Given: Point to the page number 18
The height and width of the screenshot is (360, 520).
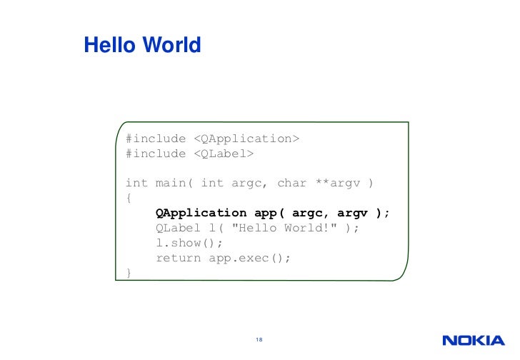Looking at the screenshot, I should [x=259, y=339].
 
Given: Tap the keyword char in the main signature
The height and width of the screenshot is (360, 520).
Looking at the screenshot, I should [x=291, y=183].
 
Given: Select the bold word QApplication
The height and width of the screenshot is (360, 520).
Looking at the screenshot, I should [x=201, y=213].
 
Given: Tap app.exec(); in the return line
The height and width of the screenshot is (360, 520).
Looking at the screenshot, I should [x=250, y=258].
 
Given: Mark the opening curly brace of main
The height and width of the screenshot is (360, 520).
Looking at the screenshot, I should [x=129, y=198].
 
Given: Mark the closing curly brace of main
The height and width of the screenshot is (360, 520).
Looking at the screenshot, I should [x=129, y=273].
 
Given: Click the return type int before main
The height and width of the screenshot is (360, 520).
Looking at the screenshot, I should [x=136, y=183].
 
